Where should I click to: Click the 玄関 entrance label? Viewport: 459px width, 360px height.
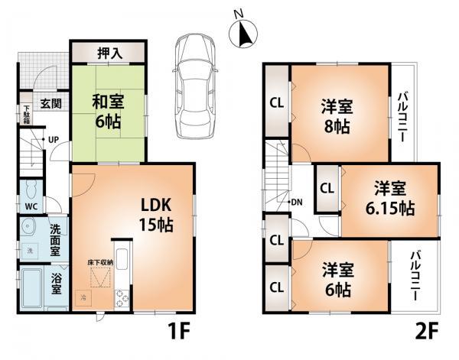51,104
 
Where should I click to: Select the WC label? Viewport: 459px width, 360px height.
31,206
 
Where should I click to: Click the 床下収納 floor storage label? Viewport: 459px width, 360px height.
99,262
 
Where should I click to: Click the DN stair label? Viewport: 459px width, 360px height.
296,202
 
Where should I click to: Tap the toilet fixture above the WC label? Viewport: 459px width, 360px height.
31,188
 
